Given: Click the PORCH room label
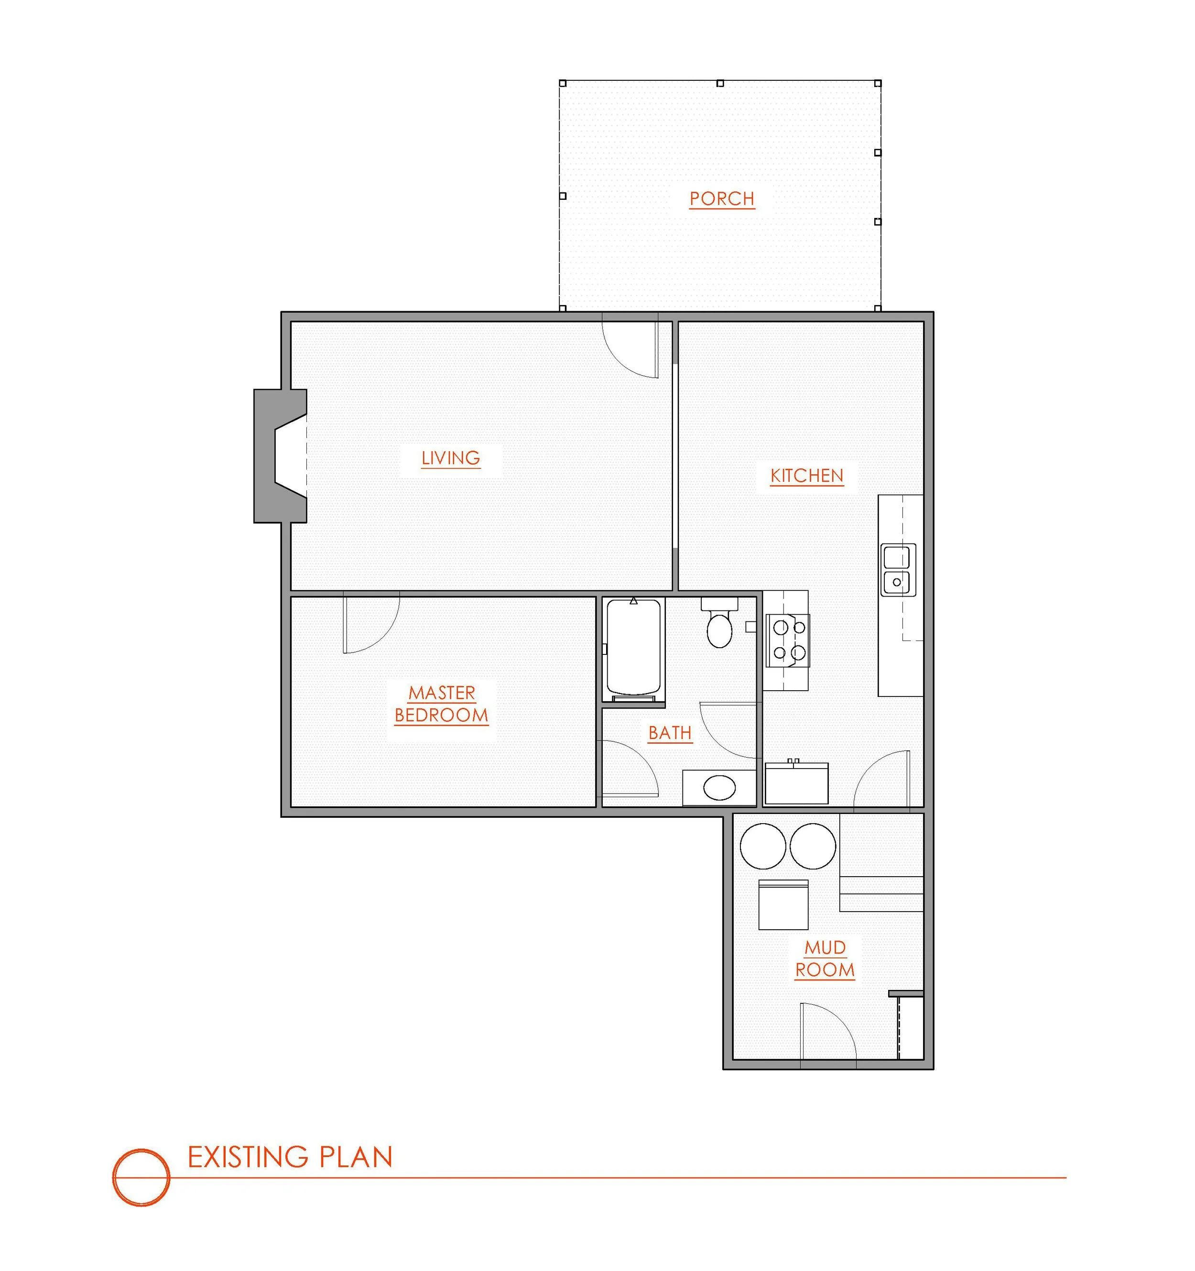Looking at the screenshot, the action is (x=722, y=199).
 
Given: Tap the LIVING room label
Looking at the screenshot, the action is (x=451, y=458).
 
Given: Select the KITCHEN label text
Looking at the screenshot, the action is (x=807, y=476).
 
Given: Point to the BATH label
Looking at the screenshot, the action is (x=670, y=733).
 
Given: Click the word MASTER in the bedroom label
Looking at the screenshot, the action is (x=442, y=693).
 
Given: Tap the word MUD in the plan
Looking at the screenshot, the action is (x=826, y=947).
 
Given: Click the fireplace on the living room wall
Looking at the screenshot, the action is (x=280, y=456).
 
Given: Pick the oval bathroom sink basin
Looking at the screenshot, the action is (x=719, y=787).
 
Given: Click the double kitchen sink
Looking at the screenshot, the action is (x=898, y=570).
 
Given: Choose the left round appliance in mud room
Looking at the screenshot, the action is (x=763, y=846).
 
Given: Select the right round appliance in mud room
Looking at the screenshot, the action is (x=813, y=846).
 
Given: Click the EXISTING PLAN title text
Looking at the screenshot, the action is (x=290, y=1157).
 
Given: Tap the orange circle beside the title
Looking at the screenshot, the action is (x=141, y=1178).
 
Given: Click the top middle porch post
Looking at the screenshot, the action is (x=720, y=83).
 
